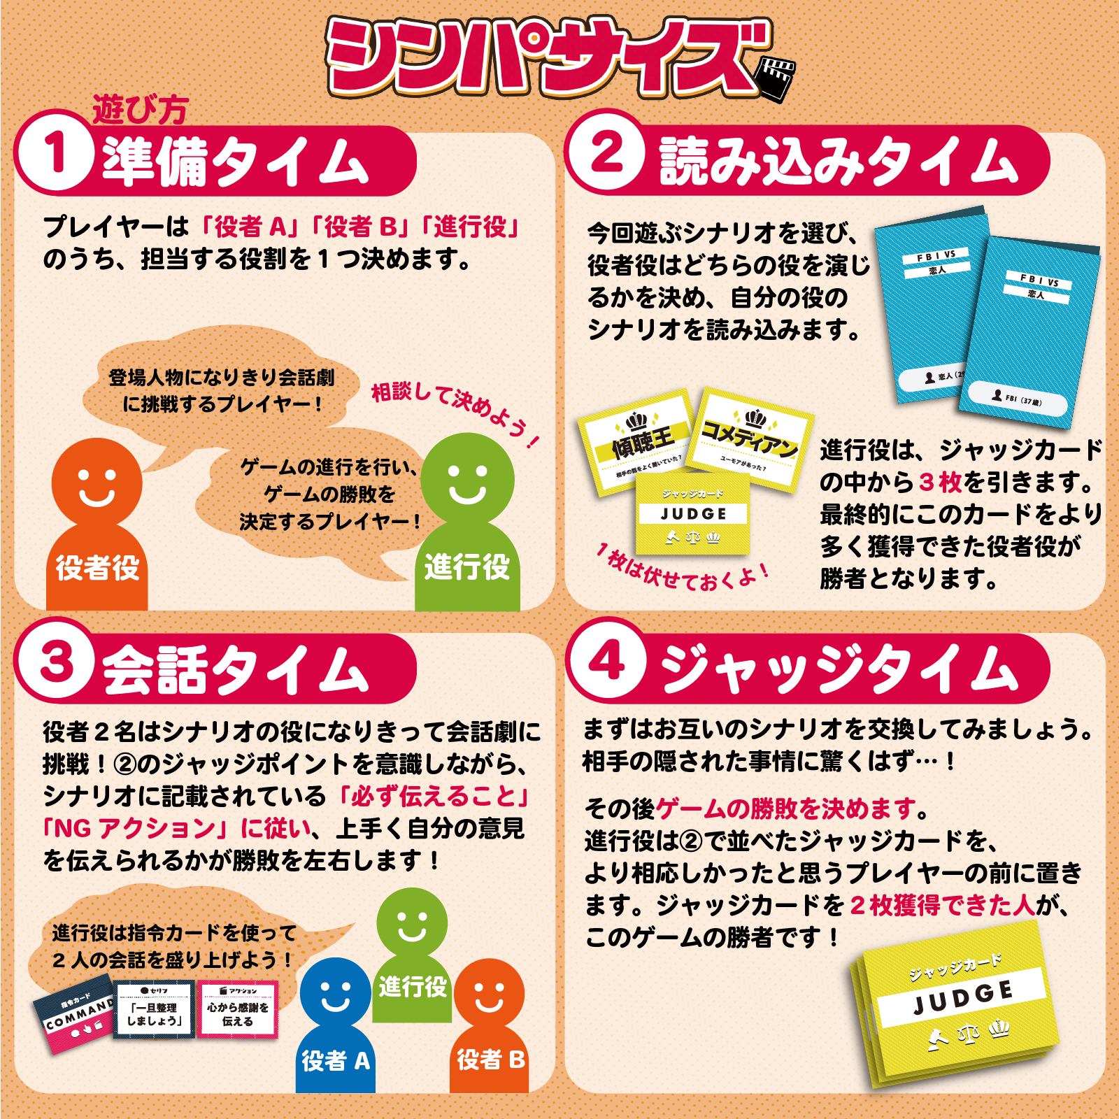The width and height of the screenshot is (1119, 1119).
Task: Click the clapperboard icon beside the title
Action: pyautogui.click(x=776, y=78)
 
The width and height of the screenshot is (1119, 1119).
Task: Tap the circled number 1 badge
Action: pyautogui.click(x=55, y=152)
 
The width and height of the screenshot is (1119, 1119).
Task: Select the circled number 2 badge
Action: pyautogui.click(x=606, y=152)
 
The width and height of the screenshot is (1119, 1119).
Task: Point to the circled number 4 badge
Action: pyautogui.click(x=606, y=660)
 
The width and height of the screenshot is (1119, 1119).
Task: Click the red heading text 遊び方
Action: pyautogui.click(x=140, y=111)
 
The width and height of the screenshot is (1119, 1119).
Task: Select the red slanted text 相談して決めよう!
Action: pyautogui.click(x=455, y=413)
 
